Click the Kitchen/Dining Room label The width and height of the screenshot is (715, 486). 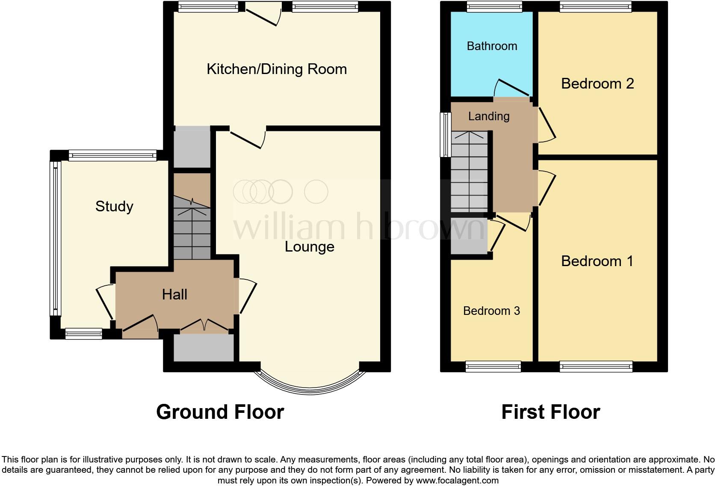277,69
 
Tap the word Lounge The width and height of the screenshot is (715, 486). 309,247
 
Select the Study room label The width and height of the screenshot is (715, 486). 114,207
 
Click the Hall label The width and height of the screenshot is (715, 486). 174,294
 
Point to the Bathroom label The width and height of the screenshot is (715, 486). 492,46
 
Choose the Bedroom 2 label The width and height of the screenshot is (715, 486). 597,83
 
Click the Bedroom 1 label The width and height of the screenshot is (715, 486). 597,261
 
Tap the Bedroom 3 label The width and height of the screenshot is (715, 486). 491,311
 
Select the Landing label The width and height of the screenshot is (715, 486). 489,116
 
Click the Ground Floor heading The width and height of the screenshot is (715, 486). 220,412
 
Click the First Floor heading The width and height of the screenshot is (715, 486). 550,412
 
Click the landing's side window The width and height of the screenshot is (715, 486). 446,134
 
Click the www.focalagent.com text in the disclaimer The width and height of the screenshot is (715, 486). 457,480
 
